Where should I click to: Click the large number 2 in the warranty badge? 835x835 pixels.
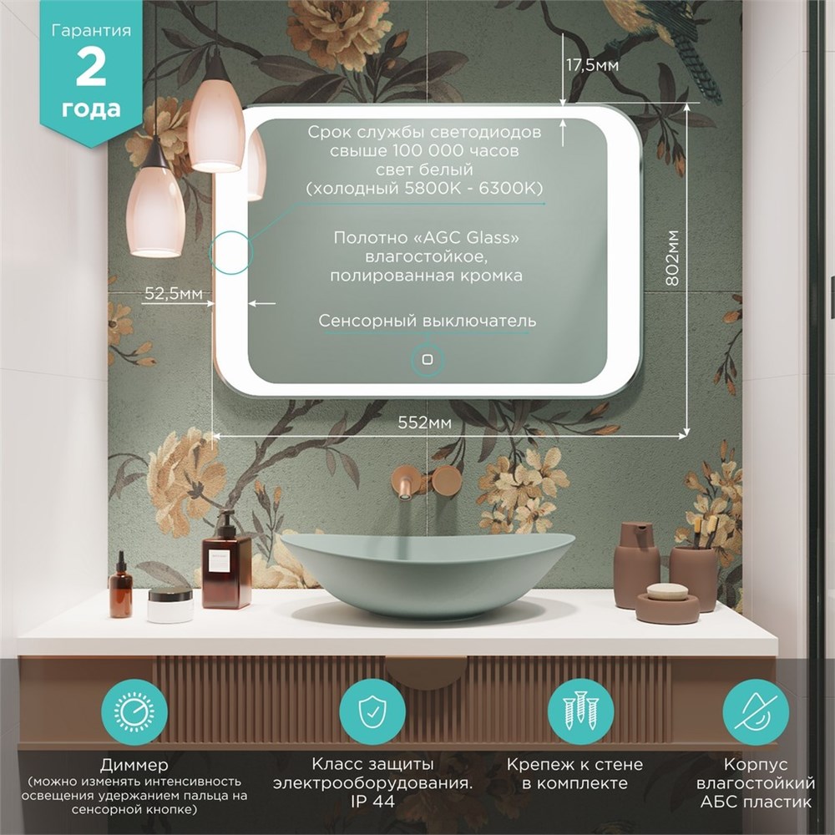[x=90, y=68]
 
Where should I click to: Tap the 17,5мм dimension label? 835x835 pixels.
[x=592, y=65]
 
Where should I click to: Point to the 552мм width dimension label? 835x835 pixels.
[x=424, y=423]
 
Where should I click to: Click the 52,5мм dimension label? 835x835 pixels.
[x=173, y=293]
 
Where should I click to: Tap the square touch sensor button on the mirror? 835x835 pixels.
[x=427, y=359]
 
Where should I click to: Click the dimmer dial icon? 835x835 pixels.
[x=134, y=712]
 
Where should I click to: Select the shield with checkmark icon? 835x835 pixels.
[x=372, y=712]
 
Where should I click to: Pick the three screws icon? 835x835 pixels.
[x=580, y=712]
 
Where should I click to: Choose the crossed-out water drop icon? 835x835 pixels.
[x=755, y=712]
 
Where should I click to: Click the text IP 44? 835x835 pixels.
[x=372, y=802]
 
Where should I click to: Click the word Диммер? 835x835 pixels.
[x=134, y=765]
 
